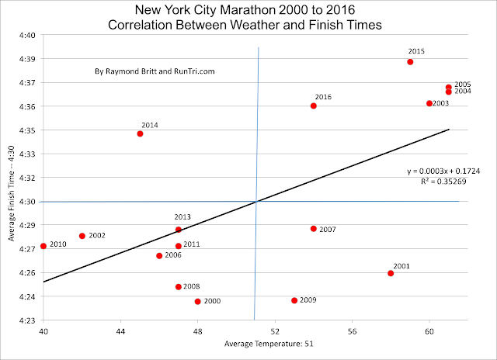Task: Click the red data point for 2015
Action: (410, 62)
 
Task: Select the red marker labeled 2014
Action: (140, 133)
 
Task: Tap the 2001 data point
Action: (391, 273)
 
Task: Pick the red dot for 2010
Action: (43, 246)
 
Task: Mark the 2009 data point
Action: (294, 300)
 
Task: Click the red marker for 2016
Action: (314, 106)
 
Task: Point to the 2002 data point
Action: (82, 236)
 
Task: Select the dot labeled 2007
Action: (314, 229)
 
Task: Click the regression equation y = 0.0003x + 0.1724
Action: (443, 171)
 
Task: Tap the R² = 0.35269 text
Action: (443, 181)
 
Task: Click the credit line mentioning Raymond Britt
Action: (155, 71)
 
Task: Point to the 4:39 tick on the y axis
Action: (27, 59)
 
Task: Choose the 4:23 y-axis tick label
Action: (27, 320)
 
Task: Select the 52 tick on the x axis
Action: (275, 331)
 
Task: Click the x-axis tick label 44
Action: (121, 331)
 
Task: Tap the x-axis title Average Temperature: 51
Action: (269, 344)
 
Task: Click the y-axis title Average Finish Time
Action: (12, 193)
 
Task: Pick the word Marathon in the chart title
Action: (248, 10)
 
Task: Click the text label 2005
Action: (463, 85)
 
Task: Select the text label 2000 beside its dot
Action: (212, 301)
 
